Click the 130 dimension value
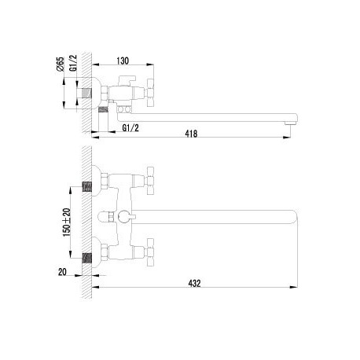coord(123,61)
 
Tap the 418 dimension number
coord(191,134)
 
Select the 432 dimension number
coord(194,284)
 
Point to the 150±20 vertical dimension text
coord(67,222)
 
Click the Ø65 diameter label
coord(60,64)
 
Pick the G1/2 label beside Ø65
coord(74,63)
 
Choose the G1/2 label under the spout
coord(130,128)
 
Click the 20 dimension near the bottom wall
coord(62,272)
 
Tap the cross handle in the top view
coord(150,93)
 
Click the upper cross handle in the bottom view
coord(150,181)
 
